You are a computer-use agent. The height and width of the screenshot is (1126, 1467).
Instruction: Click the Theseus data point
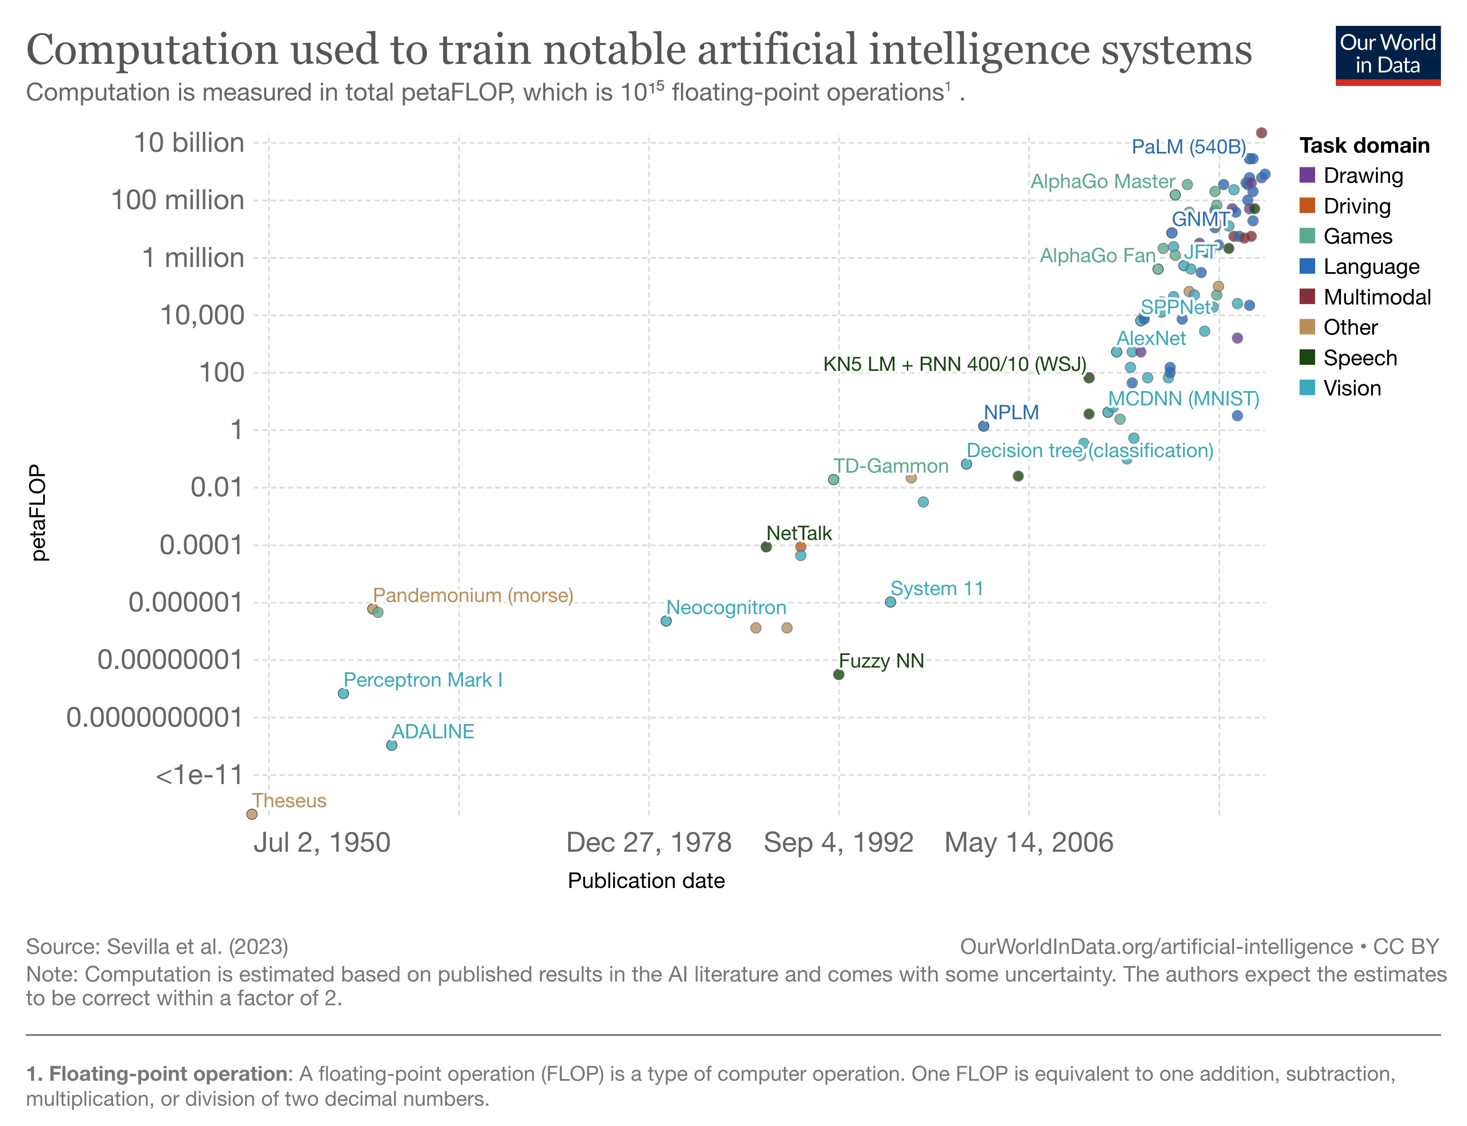tap(252, 814)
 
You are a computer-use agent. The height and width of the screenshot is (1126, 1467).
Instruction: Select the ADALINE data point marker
tap(391, 745)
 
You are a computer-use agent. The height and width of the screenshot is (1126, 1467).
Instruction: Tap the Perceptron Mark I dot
tap(343, 693)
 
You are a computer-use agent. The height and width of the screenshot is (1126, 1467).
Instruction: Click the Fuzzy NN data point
tap(838, 674)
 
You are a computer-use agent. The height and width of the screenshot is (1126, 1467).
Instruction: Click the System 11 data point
tap(891, 602)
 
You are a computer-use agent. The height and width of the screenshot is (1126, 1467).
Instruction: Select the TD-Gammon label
tap(891, 466)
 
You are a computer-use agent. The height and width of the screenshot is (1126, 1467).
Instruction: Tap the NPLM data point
tap(984, 426)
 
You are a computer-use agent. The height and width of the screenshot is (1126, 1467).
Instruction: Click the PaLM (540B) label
tap(1188, 147)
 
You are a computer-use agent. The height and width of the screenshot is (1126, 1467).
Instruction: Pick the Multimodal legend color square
tap(1307, 297)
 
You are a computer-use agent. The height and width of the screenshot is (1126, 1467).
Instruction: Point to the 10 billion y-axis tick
tap(189, 143)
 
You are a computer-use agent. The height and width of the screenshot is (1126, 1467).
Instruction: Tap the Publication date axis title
tap(645, 880)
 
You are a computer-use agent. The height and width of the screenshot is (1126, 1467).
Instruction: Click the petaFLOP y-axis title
tap(39, 513)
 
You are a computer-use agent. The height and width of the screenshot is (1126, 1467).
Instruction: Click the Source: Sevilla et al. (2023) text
tap(157, 946)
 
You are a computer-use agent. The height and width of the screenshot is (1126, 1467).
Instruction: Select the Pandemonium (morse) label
tap(473, 595)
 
